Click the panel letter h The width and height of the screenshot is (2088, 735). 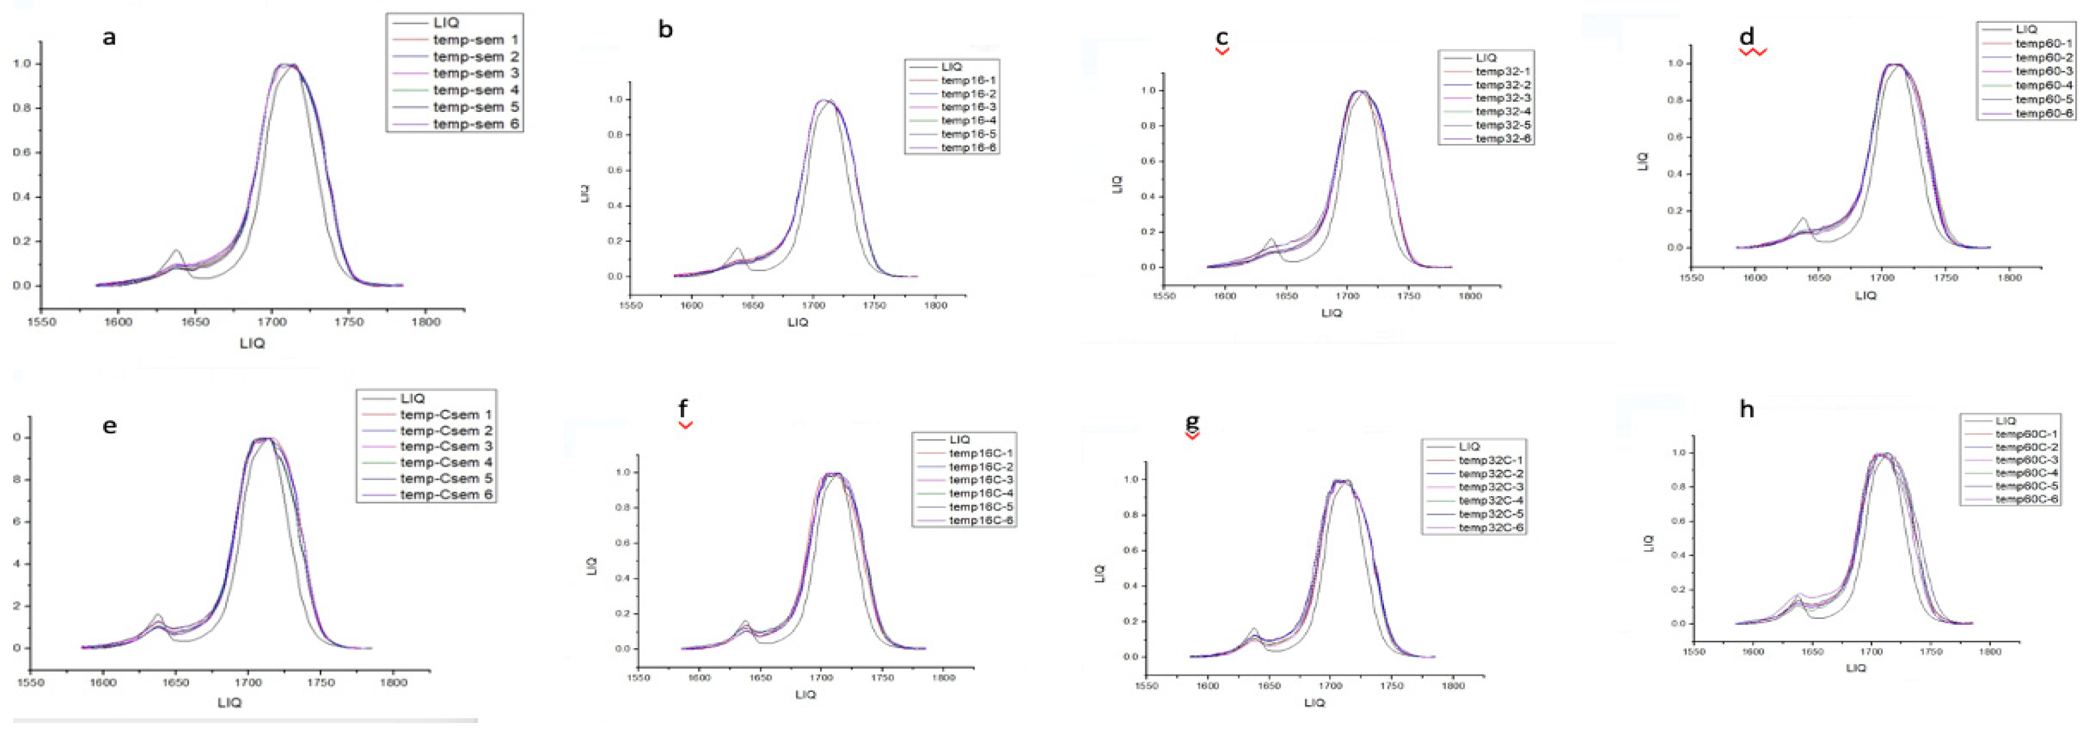point(1747,409)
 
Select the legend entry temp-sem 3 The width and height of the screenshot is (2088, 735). point(476,74)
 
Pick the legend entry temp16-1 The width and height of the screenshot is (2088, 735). point(968,80)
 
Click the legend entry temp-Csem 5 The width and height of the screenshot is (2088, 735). point(446,479)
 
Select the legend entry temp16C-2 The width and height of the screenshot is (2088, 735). point(981,467)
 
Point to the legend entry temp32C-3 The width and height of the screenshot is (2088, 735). point(1491,487)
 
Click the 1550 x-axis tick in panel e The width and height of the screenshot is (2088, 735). point(31,682)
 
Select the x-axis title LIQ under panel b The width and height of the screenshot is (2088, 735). point(797,323)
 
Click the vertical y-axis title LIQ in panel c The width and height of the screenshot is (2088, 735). point(1117,184)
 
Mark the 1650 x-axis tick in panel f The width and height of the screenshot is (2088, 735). point(760,678)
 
